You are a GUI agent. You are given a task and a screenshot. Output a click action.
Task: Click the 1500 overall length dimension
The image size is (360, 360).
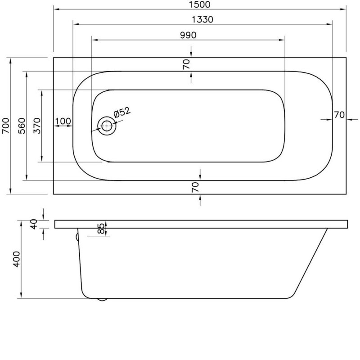click(199, 4)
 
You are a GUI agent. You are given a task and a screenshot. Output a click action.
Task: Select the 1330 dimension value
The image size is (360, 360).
click(202, 19)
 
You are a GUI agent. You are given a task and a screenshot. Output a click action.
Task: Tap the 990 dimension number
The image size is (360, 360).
click(188, 36)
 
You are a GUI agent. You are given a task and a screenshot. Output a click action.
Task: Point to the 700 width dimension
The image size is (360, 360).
click(5, 126)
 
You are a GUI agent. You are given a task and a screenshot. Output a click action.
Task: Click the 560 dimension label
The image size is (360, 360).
click(22, 126)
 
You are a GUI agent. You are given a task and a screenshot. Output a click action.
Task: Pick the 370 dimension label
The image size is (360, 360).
click(37, 126)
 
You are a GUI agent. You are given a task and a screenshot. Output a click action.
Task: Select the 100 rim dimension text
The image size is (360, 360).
click(63, 121)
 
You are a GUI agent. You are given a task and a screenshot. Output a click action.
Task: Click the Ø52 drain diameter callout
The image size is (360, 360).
click(122, 112)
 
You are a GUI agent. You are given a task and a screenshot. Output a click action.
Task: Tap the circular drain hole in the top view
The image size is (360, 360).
click(107, 126)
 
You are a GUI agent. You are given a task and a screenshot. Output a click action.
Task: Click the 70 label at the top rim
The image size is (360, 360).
click(186, 64)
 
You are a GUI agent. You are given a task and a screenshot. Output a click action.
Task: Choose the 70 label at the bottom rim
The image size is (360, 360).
click(195, 187)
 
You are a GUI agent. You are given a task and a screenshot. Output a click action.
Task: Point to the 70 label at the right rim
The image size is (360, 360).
click(339, 115)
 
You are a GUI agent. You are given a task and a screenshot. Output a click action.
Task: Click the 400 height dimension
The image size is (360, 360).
click(17, 259)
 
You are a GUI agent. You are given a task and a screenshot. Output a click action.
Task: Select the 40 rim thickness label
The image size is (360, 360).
click(34, 224)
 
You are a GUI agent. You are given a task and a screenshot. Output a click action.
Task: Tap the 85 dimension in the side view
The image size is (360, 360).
click(101, 229)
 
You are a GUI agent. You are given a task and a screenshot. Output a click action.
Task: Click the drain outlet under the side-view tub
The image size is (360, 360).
click(102, 299)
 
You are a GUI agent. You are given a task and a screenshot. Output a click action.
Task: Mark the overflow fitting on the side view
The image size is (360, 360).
click(77, 237)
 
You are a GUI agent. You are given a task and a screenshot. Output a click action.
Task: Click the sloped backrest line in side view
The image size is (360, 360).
click(310, 262)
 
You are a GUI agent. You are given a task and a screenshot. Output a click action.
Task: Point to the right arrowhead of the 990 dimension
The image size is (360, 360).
click(282, 40)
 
